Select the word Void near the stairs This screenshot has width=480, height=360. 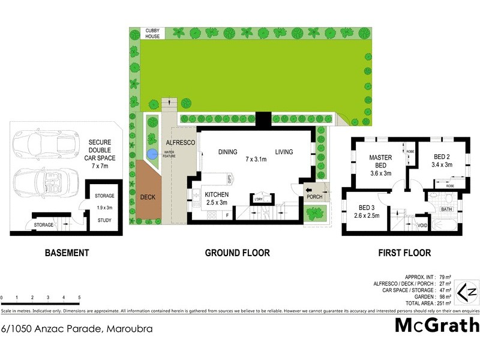point(422,226)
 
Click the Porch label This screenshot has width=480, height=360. point(314,196)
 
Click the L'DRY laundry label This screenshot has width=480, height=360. point(259,199)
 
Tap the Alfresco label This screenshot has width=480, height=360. point(178,143)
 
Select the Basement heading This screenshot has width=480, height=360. point(67,253)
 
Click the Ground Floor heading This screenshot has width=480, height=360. point(238,253)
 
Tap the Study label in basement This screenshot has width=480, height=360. point(104,220)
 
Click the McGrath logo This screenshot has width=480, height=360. point(437,326)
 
